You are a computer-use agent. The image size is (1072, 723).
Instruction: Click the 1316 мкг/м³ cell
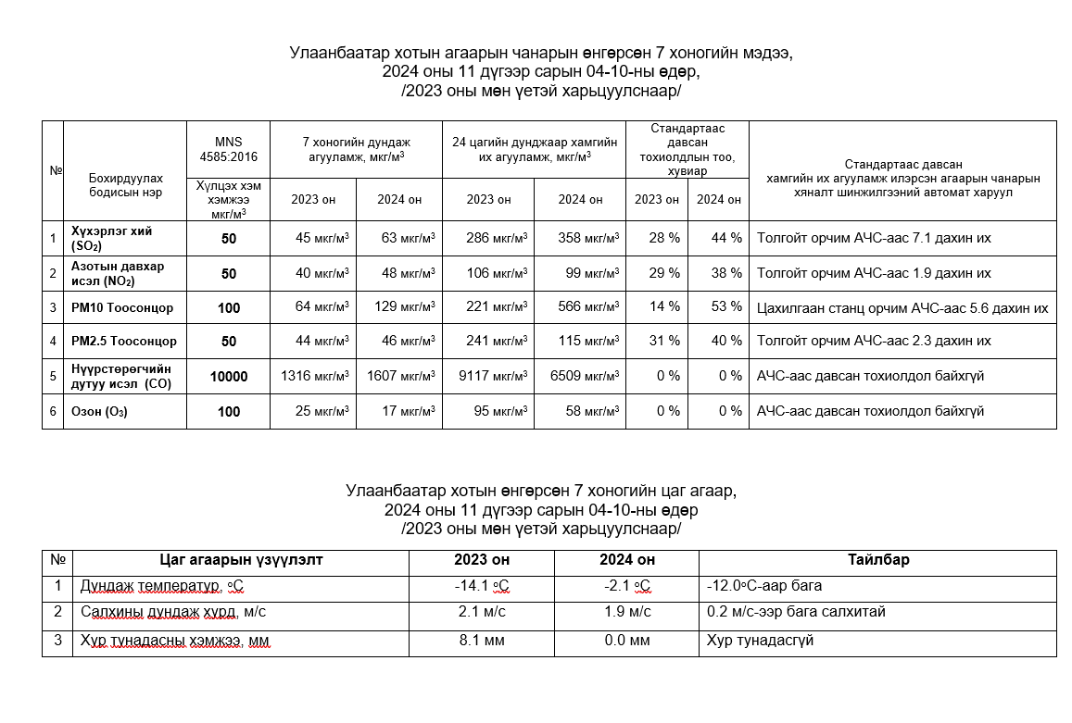pos(315,377)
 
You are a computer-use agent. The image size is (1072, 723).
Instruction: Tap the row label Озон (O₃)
pos(99,412)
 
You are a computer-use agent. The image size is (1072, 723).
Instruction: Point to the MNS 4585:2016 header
pos(228,149)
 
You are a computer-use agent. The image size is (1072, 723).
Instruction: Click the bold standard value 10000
pos(229,377)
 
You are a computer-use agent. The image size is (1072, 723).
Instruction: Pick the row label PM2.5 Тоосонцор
pos(124,342)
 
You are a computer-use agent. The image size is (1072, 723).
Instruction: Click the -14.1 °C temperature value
pos(483,586)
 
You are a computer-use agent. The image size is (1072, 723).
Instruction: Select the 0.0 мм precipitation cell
pos(627,640)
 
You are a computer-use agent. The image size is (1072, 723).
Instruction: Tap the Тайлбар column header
pos(877,560)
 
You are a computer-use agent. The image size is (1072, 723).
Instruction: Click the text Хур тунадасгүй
pos(760,640)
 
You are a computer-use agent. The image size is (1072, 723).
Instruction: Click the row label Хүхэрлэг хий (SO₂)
pos(111,239)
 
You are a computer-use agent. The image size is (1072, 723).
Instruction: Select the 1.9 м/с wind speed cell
pos(627,612)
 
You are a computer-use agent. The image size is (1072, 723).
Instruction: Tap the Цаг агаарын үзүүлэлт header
pos(241,560)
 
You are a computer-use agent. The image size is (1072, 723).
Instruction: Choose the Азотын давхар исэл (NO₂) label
pos(118,274)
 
